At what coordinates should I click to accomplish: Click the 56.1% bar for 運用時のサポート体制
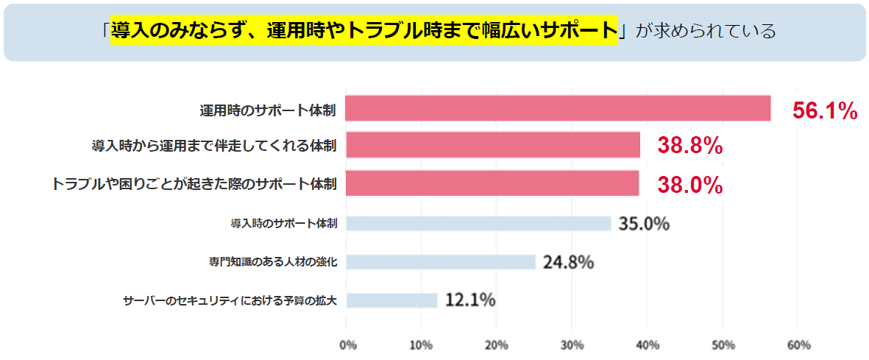(558, 109)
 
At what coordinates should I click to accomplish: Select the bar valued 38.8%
(493, 145)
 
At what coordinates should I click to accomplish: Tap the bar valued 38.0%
(492, 183)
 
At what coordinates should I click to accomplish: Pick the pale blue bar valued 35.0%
(478, 223)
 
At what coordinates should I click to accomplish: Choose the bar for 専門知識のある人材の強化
(441, 261)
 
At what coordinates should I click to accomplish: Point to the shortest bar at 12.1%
(391, 300)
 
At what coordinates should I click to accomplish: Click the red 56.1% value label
(825, 111)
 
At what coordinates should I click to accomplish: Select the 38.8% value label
(689, 146)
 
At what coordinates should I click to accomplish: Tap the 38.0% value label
(689, 185)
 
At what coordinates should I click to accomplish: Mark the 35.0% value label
(644, 223)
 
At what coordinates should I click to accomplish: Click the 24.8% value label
(568, 261)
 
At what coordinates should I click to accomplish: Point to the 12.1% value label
(469, 300)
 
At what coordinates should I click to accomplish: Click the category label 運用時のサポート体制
(268, 110)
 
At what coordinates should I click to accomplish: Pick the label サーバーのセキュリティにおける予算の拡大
(230, 300)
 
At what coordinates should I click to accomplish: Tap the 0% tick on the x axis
(348, 345)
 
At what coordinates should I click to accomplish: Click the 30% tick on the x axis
(572, 345)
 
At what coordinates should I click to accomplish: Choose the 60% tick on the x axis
(798, 345)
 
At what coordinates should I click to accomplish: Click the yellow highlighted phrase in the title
(363, 31)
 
